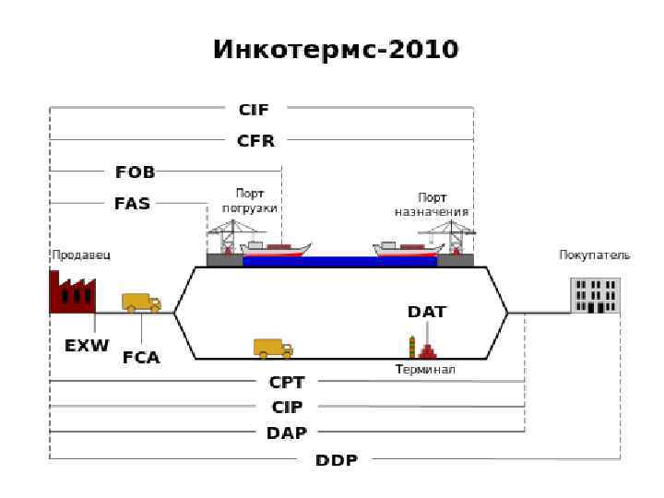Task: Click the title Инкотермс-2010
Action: click(336, 49)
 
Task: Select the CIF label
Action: click(254, 110)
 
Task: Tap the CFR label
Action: click(255, 141)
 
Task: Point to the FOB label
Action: click(135, 172)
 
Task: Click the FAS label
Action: click(132, 204)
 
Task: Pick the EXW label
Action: click(87, 346)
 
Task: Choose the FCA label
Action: click(141, 357)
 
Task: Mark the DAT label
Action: click(427, 312)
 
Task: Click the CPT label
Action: click(287, 382)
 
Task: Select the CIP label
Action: click(287, 407)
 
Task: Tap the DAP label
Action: click(287, 433)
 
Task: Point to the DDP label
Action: click(337, 459)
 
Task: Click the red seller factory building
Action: click(71, 293)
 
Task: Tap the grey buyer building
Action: click(595, 295)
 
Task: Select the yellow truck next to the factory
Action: click(141, 302)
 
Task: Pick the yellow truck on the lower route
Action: click(273, 348)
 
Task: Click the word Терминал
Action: click(425, 370)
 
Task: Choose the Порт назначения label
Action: click(432, 204)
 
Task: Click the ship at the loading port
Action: click(276, 249)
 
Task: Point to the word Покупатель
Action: click(595, 255)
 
